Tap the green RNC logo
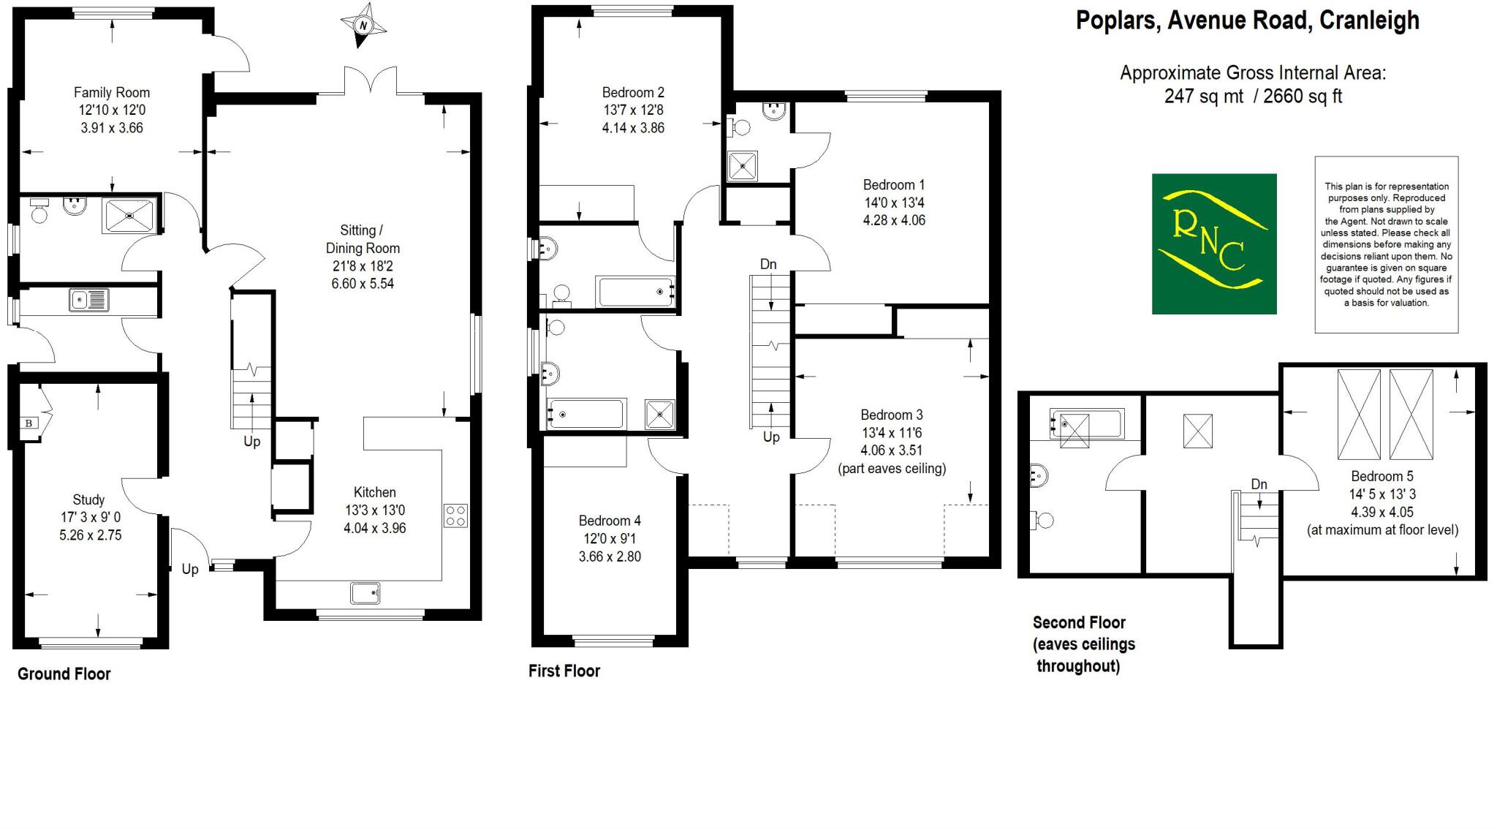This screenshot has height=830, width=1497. click(x=1213, y=244)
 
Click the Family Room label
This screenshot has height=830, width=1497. click(x=112, y=93)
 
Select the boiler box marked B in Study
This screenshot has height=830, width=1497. click(x=29, y=423)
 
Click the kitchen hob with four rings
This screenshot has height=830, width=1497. click(x=455, y=516)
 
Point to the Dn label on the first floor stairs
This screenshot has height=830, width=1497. click(x=768, y=264)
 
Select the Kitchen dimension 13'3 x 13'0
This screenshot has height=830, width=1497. click(x=375, y=510)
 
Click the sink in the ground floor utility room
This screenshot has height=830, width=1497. click(x=88, y=300)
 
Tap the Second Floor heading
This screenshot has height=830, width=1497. click(x=1079, y=623)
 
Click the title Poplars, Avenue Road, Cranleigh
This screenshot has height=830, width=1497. click(x=1247, y=20)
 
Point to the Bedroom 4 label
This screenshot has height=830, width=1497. click(x=610, y=521)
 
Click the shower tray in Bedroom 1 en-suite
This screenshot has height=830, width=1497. click(x=743, y=166)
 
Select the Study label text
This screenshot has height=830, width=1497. click(x=88, y=500)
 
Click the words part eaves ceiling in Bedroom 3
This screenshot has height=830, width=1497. click(x=892, y=469)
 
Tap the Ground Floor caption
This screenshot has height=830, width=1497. click(x=64, y=674)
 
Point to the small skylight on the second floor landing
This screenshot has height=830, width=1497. click(x=1197, y=431)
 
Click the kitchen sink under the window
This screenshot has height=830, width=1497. click(x=365, y=592)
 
